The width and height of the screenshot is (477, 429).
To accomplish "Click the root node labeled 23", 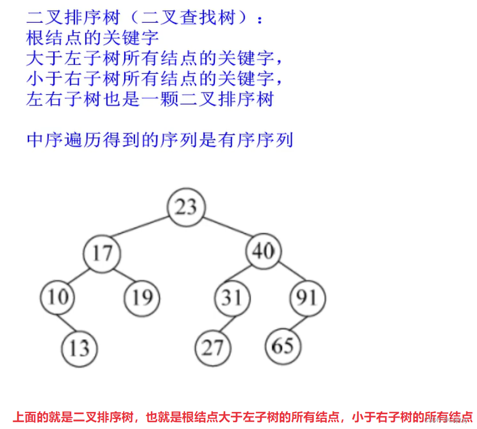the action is (185, 207).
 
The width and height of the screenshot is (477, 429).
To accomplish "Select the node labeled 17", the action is (102, 253).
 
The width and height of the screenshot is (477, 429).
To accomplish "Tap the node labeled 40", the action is (264, 250).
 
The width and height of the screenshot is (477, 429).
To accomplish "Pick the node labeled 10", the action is (58, 297).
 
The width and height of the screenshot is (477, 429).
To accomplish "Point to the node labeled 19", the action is (142, 297).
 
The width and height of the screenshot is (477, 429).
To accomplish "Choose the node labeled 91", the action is (307, 297).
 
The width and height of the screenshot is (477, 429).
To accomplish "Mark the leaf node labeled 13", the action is (79, 347).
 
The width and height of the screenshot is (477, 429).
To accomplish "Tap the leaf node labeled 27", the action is (213, 347).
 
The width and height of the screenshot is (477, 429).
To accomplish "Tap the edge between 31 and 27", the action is (223, 322).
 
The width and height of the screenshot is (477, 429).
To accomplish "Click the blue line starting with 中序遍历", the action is (159, 140).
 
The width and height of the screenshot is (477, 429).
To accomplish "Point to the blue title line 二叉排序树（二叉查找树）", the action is (145, 18).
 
